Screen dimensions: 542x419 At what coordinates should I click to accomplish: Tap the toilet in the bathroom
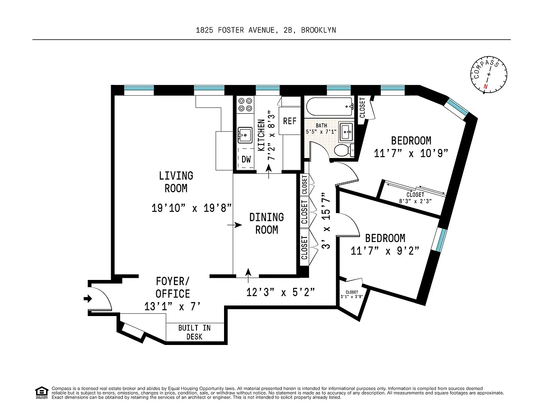point(344,150)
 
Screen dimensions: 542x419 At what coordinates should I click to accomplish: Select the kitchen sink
point(245,135)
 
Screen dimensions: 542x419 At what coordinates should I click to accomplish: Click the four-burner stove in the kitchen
point(245,105)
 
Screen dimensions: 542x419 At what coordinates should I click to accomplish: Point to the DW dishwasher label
point(246,159)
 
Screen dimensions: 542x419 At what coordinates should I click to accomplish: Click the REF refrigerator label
point(290,121)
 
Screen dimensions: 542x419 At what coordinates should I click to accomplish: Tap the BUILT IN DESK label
point(195,332)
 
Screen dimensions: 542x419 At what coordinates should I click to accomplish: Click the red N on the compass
point(486,87)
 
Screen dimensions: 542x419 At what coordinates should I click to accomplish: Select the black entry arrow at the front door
point(88,298)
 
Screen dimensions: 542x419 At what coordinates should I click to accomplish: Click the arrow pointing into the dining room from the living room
point(234,225)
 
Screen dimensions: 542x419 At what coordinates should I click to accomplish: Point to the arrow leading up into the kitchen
point(269,172)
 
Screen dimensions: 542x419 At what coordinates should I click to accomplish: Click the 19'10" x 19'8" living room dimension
point(192,208)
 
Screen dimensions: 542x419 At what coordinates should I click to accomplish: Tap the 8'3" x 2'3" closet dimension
point(415,201)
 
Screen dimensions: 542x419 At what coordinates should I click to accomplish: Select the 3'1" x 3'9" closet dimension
point(352,297)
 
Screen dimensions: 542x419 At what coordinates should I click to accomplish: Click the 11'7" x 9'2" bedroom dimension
point(385,251)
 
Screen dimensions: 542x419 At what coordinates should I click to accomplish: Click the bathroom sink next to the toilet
point(346,131)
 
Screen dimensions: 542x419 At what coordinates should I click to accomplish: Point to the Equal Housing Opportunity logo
point(42,393)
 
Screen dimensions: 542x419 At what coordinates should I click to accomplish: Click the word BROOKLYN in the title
point(318,30)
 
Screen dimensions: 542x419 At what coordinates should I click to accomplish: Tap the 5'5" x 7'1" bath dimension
point(321,131)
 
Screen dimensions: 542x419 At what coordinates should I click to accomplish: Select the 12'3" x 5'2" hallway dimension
point(280,292)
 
